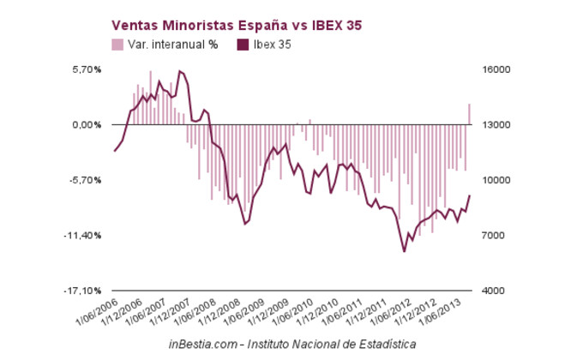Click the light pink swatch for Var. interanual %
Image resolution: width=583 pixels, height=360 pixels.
coord(117,45)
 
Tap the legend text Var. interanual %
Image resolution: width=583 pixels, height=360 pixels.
coord(171,45)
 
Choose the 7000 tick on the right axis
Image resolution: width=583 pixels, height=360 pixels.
coord(497,236)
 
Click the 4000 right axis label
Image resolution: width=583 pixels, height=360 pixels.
coord(497,291)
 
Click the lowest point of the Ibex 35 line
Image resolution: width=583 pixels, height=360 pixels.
coord(405,251)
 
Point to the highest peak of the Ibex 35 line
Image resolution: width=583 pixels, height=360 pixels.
coord(179,71)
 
